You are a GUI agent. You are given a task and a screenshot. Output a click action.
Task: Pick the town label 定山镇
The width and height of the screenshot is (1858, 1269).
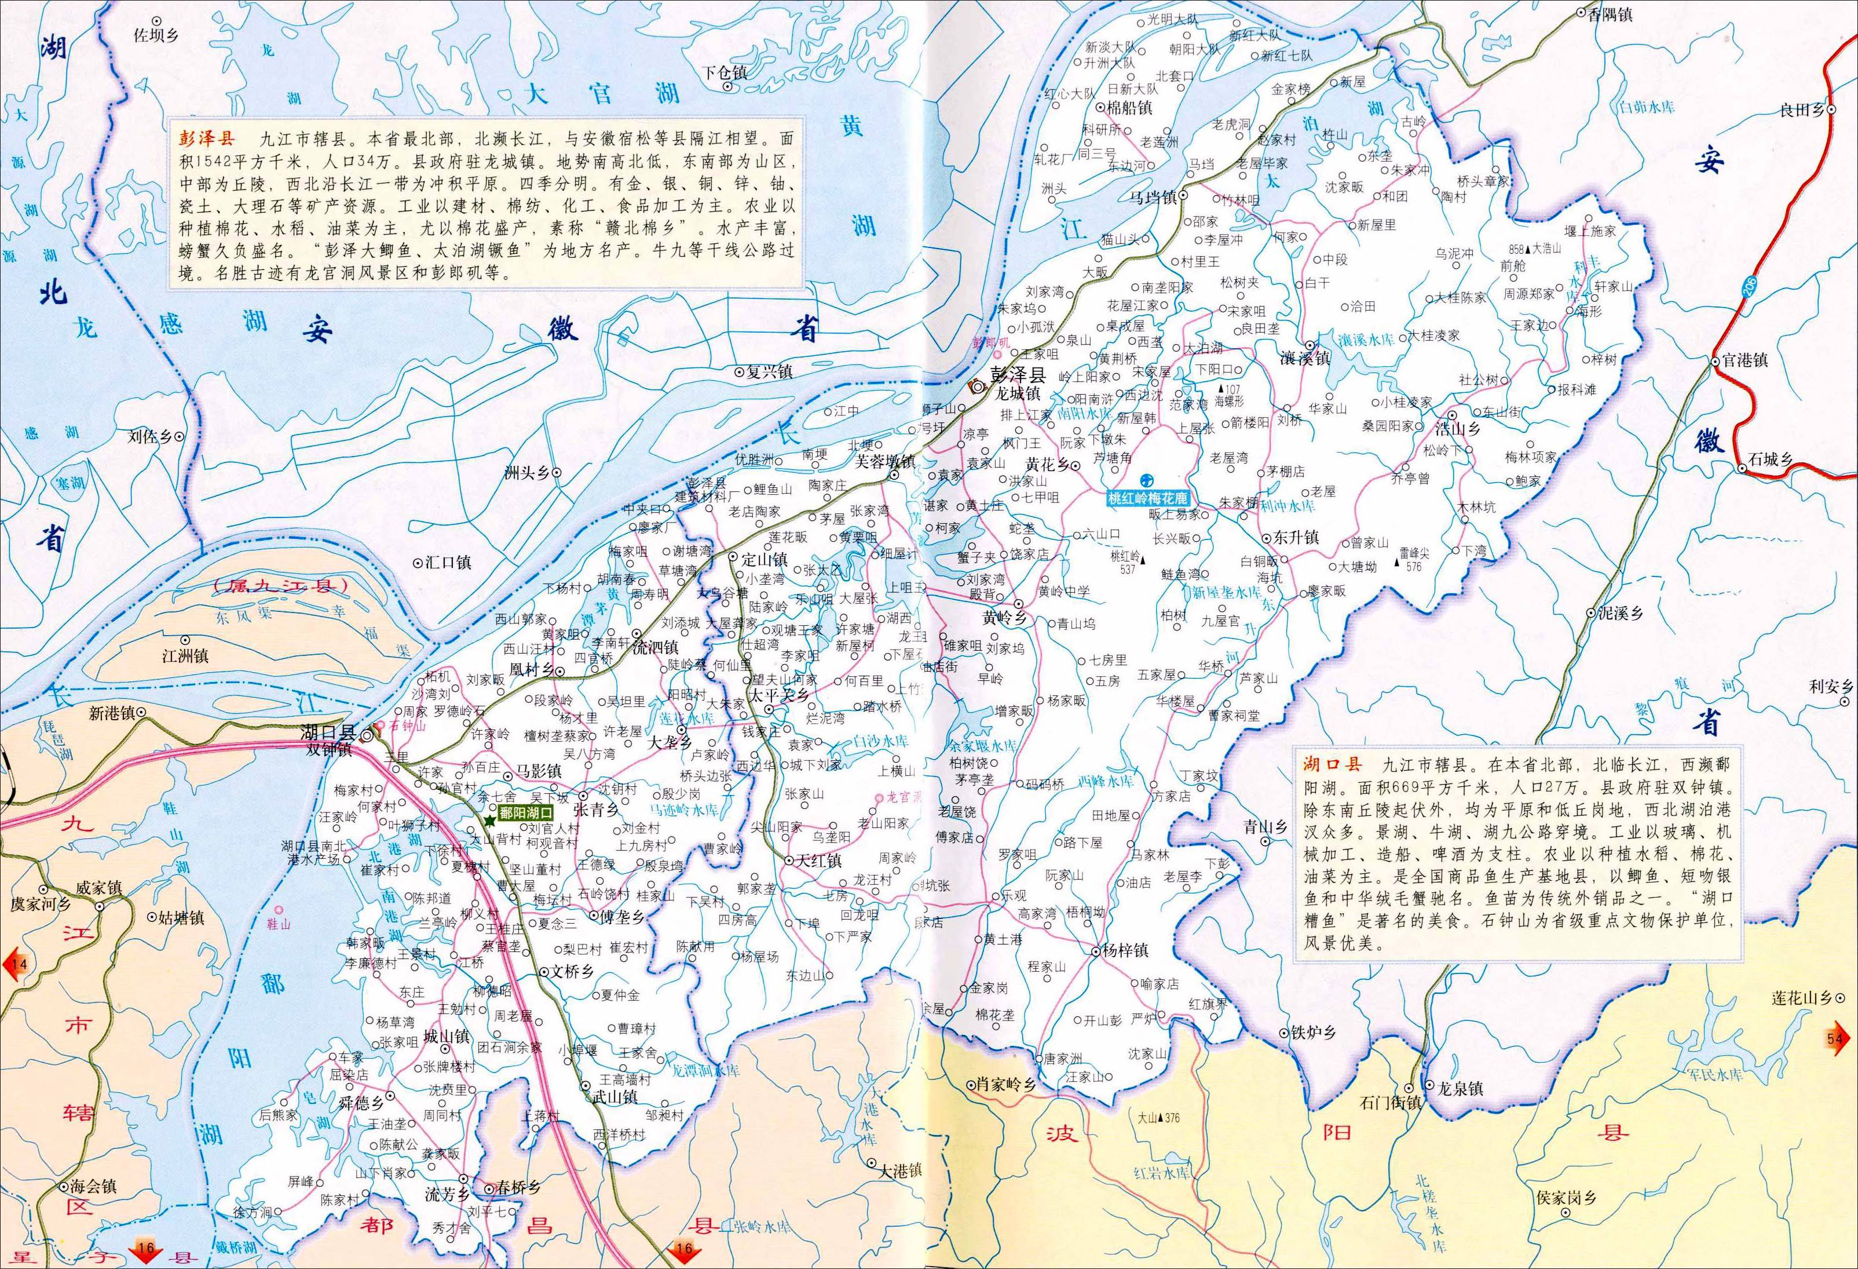click(x=765, y=559)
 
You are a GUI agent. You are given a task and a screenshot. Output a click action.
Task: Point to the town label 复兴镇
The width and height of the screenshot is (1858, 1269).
click(x=769, y=372)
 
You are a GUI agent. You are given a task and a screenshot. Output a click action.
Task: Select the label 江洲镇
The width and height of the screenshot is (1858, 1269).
click(x=185, y=656)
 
